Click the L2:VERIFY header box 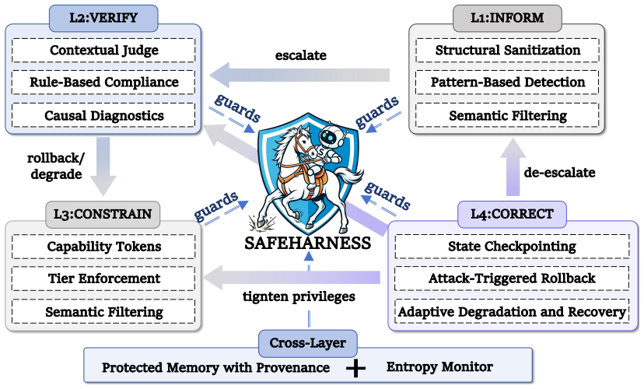click(x=103, y=18)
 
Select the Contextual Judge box click(x=103, y=50)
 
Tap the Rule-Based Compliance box click(x=103, y=82)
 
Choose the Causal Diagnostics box click(x=103, y=115)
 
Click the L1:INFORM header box click(x=507, y=18)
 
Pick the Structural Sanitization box click(x=507, y=50)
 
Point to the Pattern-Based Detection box click(x=507, y=82)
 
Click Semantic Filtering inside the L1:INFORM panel click(x=507, y=115)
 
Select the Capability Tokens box click(x=103, y=247)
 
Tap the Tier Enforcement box click(x=103, y=279)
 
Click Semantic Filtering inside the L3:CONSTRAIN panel click(x=103, y=312)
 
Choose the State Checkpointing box click(x=512, y=246)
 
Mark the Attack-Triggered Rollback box click(x=512, y=278)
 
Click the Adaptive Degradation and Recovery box click(x=512, y=311)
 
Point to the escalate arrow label click(x=301, y=55)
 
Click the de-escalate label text click(x=559, y=172)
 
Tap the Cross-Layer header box click(x=308, y=343)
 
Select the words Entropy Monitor click(x=439, y=366)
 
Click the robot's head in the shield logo click(x=333, y=136)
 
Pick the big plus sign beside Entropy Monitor click(x=355, y=368)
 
